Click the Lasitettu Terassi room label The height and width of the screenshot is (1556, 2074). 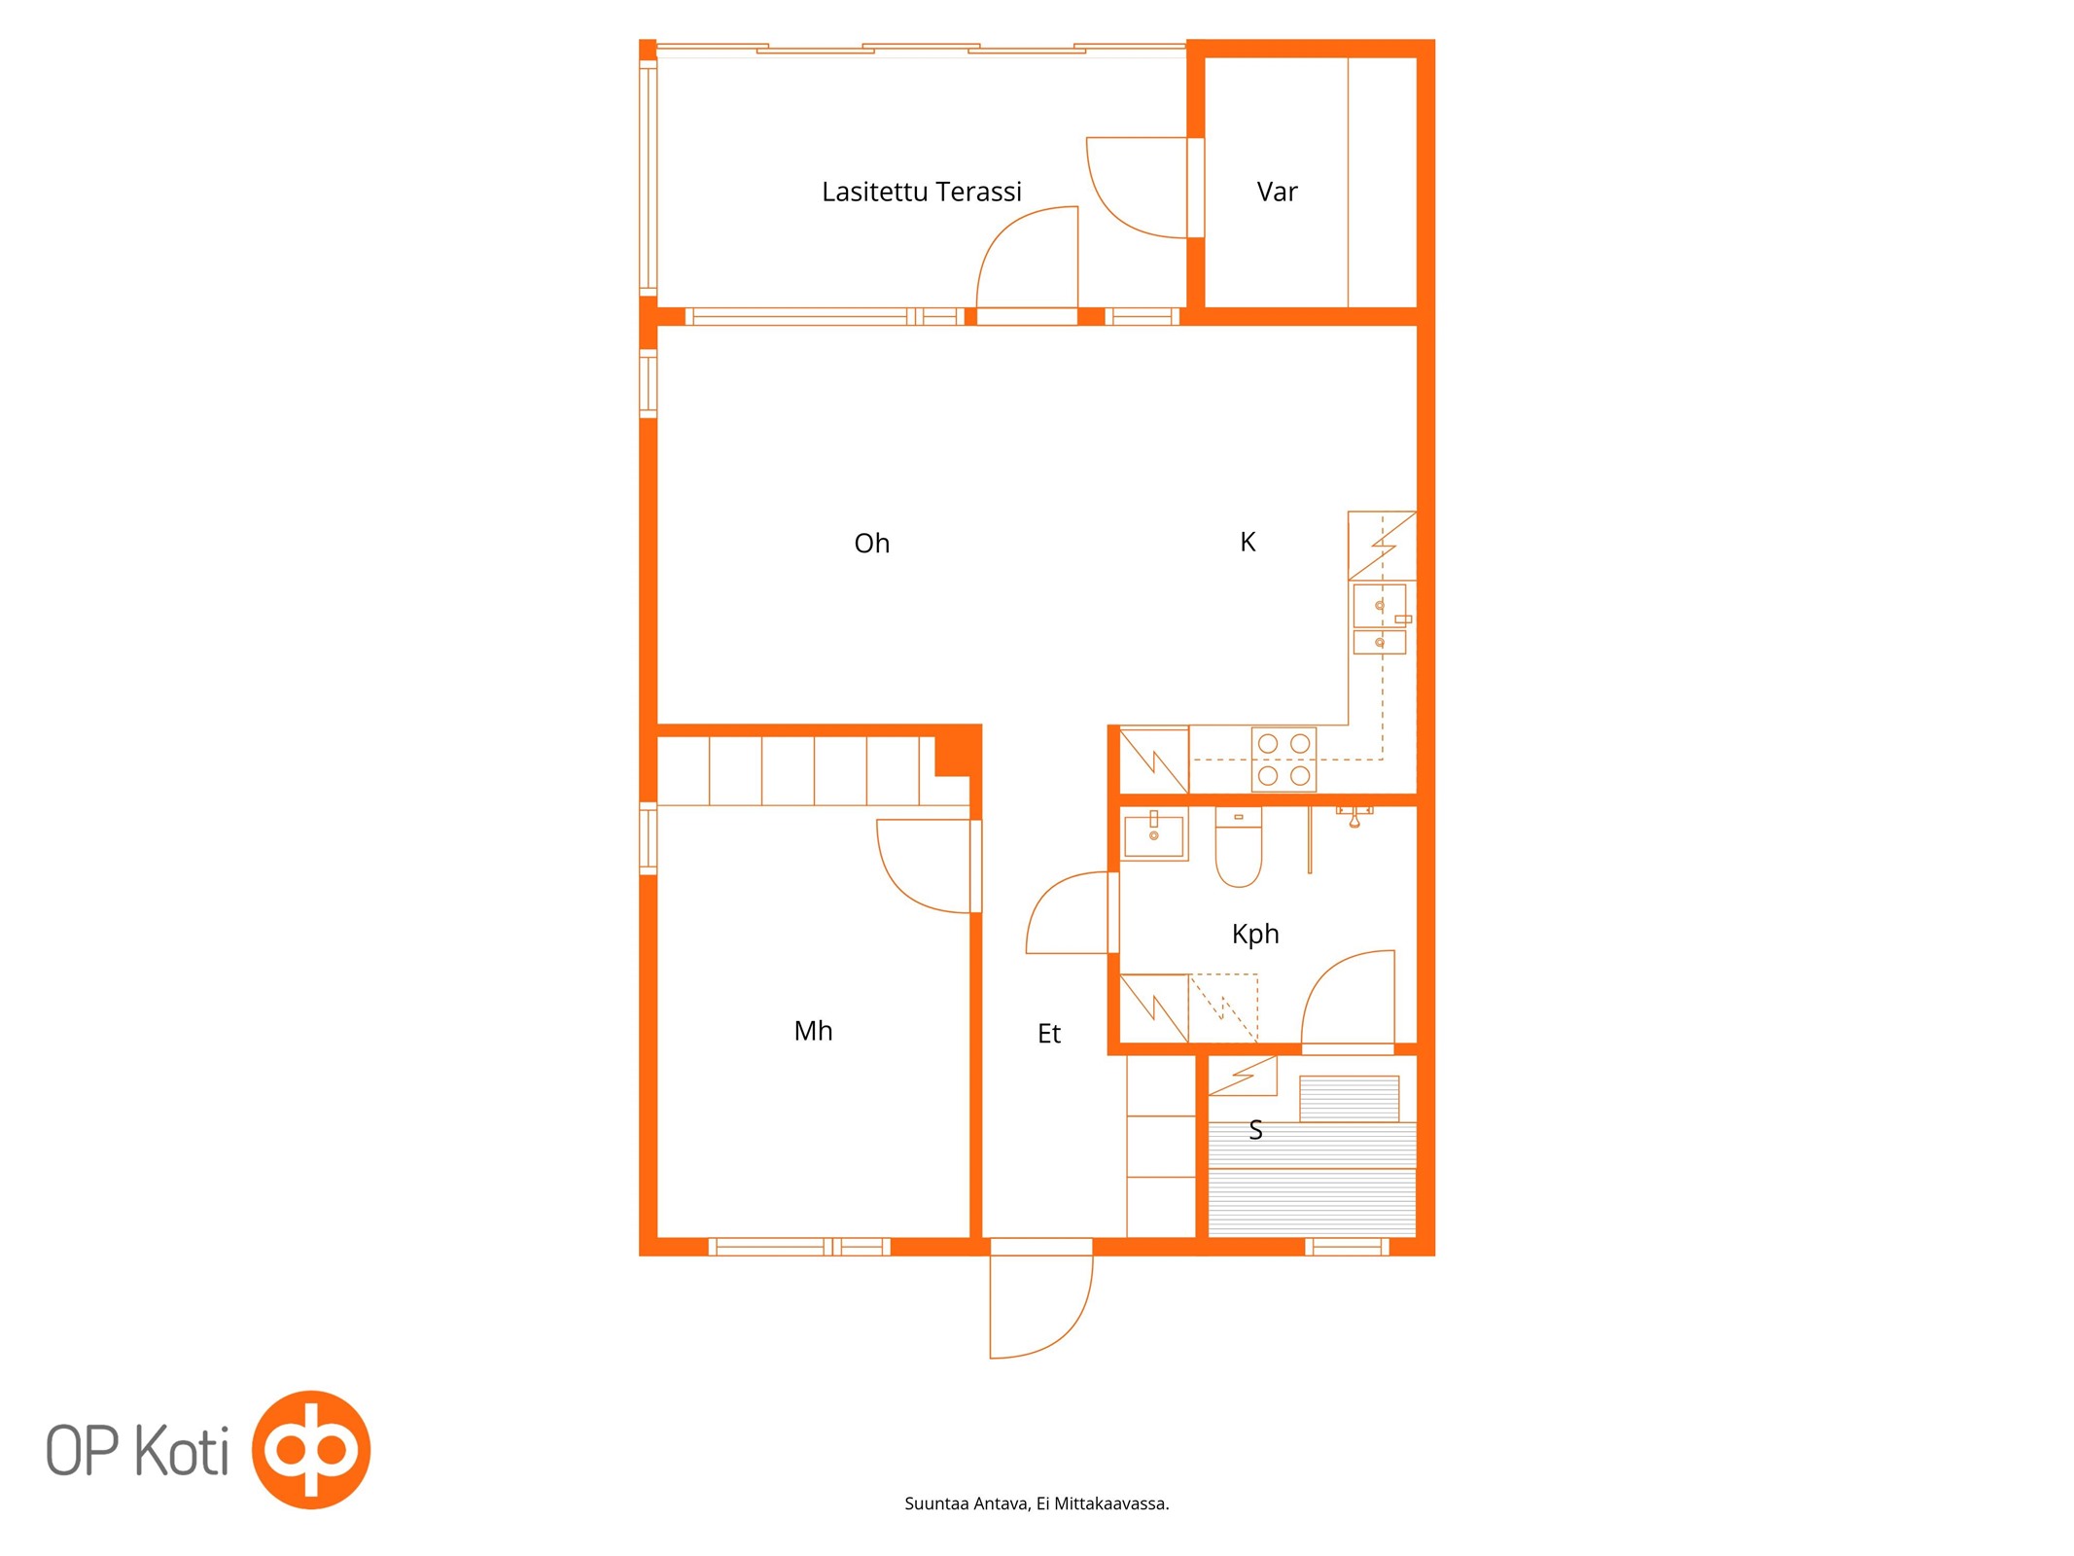click(921, 192)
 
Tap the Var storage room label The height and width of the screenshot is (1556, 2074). click(1277, 192)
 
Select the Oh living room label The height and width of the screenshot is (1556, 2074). click(871, 543)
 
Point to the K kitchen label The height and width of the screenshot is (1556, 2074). click(1248, 542)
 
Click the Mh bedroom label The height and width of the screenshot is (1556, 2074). click(813, 1031)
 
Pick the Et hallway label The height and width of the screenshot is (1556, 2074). click(1048, 1034)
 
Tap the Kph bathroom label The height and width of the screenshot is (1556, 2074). click(1255, 935)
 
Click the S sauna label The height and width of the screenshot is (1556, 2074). click(1255, 1130)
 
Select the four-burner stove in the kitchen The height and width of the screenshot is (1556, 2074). click(1283, 759)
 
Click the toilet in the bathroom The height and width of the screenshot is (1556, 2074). click(1239, 847)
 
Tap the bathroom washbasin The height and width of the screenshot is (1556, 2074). click(1154, 834)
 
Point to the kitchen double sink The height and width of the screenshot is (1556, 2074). click(1380, 619)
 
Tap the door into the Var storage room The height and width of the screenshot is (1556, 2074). click(1139, 188)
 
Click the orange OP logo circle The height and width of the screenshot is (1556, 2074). click(311, 1450)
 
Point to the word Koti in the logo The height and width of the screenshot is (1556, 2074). click(182, 1451)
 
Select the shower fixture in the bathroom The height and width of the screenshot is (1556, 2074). click(1354, 815)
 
